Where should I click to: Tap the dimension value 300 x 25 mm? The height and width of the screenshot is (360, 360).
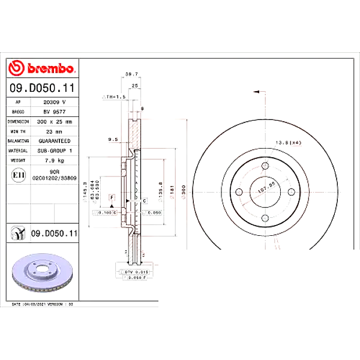point(53,121)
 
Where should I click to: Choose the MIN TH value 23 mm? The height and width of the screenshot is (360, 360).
point(53,131)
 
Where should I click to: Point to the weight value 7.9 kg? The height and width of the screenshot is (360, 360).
point(53,160)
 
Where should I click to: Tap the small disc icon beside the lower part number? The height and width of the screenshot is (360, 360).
point(18,232)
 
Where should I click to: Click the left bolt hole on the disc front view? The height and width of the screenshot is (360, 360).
point(239,192)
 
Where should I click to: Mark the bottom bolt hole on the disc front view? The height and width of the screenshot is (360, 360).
point(264,217)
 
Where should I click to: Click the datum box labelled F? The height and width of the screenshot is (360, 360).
point(112,197)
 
